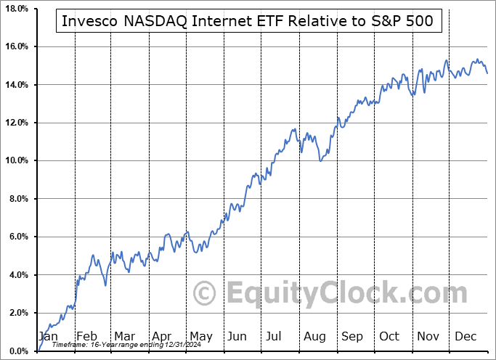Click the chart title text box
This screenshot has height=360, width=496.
(x=248, y=21)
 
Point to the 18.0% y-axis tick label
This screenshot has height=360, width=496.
(x=15, y=9)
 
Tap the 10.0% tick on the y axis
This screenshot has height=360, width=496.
(x=15, y=160)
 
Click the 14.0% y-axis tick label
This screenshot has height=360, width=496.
(x=15, y=85)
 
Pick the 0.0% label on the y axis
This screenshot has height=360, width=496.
(x=17, y=351)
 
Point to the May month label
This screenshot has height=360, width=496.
(x=201, y=336)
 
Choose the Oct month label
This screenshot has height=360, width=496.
(x=389, y=336)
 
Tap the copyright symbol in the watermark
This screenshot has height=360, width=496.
(x=206, y=293)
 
